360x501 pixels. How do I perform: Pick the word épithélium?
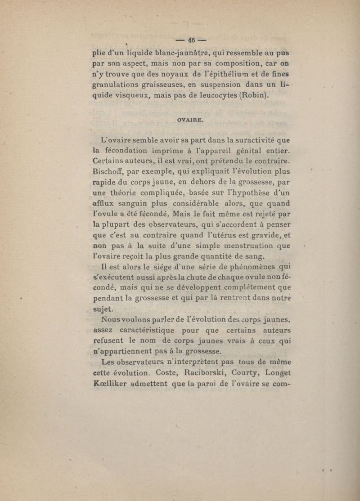[219, 74]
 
